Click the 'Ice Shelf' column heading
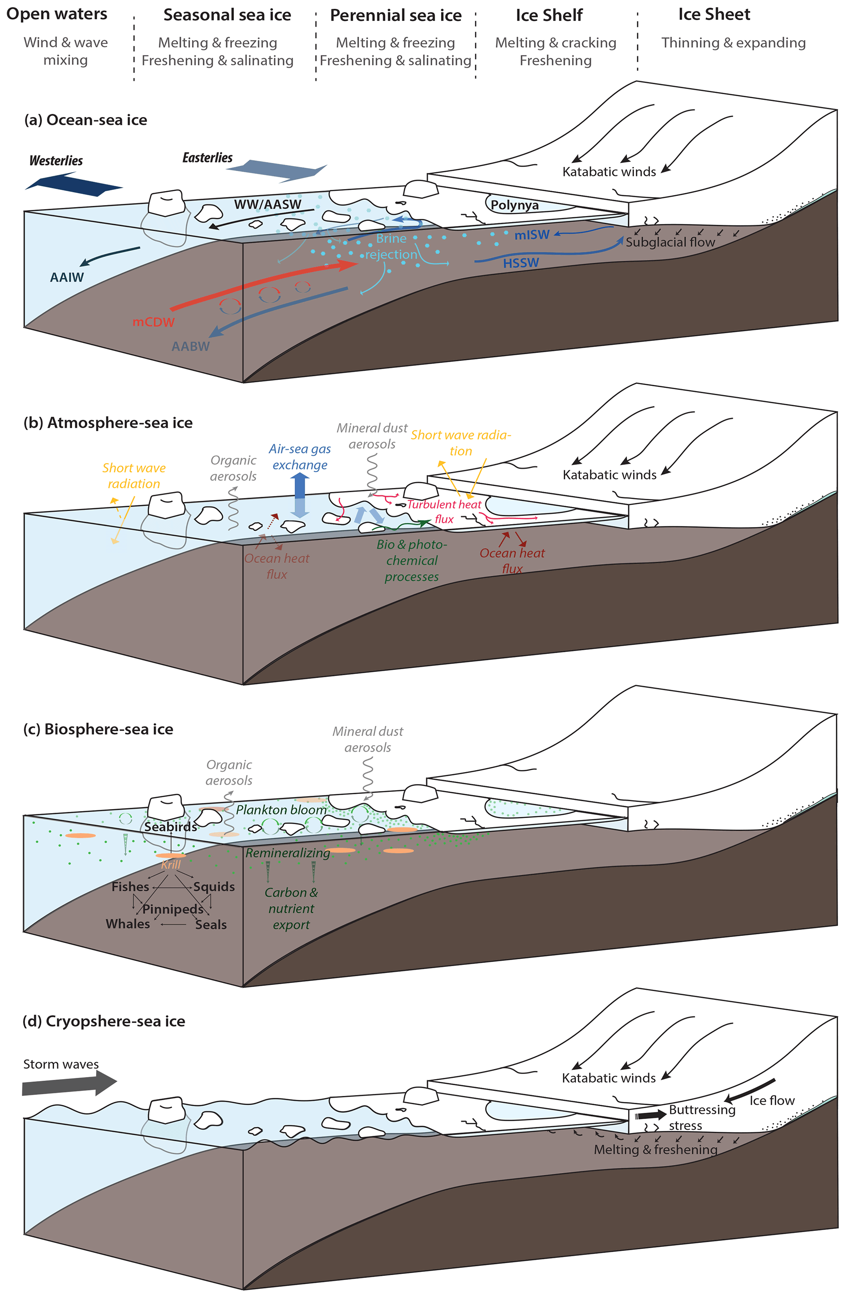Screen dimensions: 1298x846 [549, 15]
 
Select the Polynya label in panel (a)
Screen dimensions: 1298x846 [514, 205]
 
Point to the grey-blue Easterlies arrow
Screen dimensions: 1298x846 [276, 171]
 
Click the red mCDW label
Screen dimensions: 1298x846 [153, 322]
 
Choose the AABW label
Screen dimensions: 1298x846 [190, 346]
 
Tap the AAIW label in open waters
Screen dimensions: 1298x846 [67, 277]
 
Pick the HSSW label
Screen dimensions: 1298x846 [521, 263]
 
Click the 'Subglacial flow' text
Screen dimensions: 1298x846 [670, 242]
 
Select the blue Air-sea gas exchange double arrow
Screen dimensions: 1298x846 [300, 495]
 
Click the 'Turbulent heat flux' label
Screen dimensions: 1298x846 [444, 511]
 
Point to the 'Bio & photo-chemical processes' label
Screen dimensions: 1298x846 [412, 560]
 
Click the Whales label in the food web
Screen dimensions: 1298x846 [128, 924]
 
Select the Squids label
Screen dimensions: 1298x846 [214, 887]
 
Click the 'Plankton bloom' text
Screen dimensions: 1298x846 [281, 810]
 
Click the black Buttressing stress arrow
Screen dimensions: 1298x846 [651, 1116]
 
